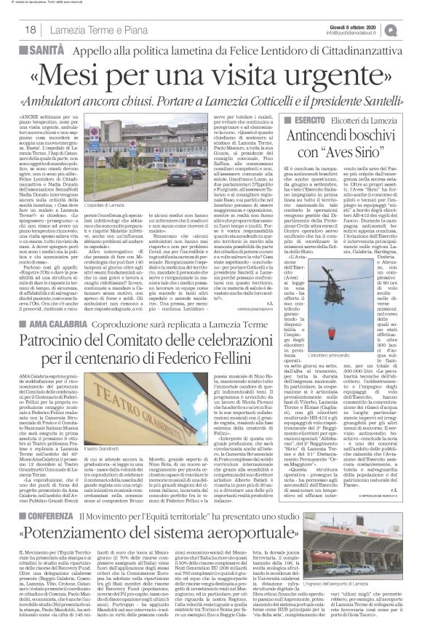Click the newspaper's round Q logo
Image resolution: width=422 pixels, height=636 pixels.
click(412, 28)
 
